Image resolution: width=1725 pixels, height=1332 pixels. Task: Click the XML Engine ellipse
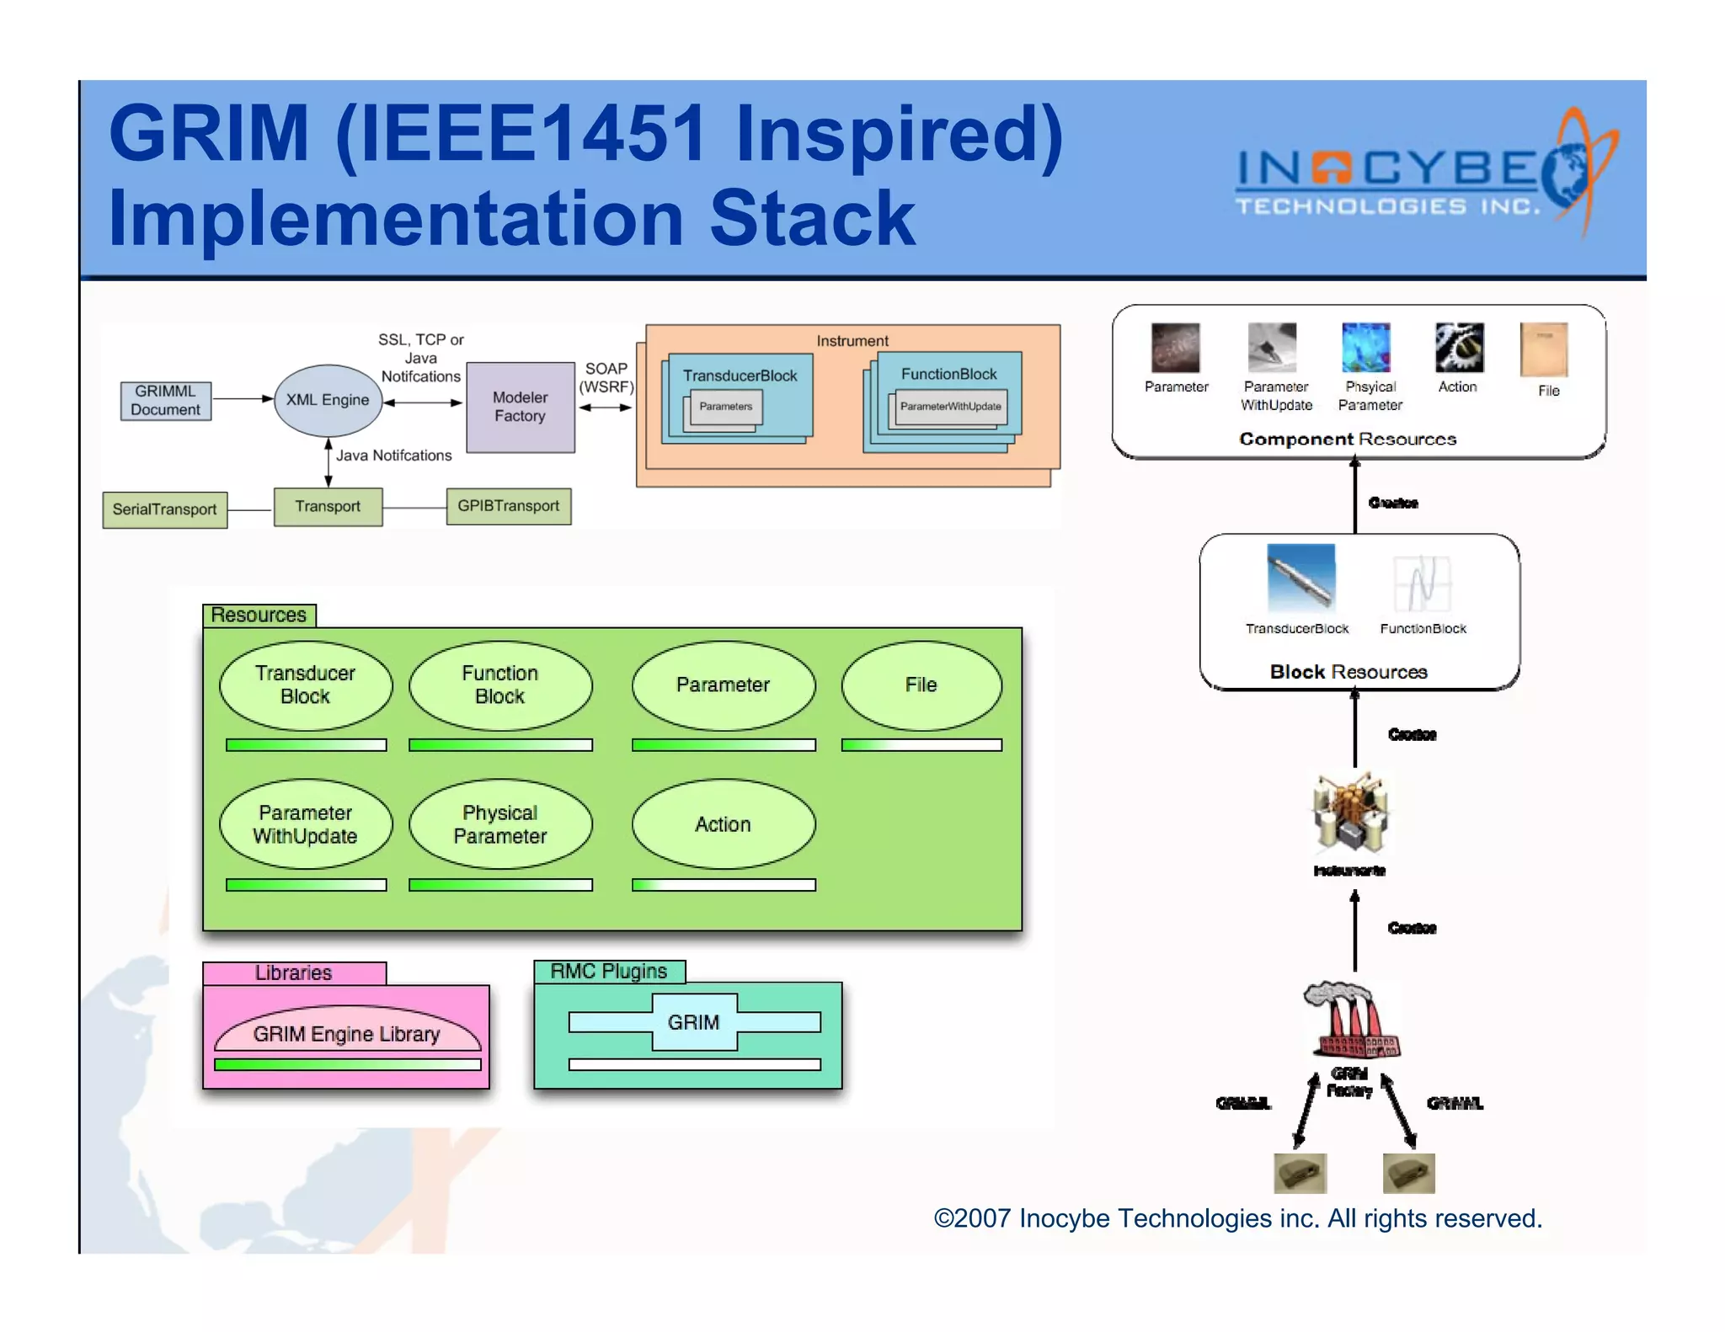point(328,400)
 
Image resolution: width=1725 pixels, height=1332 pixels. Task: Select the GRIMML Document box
point(165,401)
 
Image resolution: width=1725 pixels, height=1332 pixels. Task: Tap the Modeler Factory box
point(520,407)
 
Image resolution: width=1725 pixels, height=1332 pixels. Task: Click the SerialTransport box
point(164,509)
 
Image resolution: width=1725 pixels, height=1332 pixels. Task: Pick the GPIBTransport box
point(508,506)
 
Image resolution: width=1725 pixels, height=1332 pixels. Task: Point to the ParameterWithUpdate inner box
point(950,407)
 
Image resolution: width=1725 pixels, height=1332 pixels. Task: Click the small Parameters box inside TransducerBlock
point(725,407)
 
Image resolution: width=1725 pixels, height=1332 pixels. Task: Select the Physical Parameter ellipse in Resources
point(500,824)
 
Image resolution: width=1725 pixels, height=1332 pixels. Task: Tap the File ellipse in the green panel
point(921,685)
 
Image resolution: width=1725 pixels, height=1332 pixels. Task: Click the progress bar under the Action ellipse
point(724,885)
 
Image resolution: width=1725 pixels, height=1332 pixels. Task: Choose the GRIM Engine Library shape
point(347,1033)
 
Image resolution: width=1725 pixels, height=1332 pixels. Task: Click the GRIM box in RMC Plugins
point(694,1022)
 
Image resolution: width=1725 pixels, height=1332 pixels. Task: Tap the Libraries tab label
point(294,973)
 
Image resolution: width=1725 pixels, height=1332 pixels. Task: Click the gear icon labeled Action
point(1458,348)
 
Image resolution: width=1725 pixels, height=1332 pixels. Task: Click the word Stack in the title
point(812,219)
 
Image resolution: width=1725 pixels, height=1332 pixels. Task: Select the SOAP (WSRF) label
point(606,378)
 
